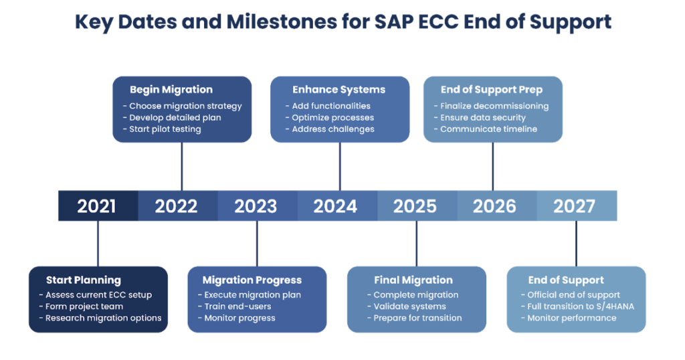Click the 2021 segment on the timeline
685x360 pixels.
(97, 206)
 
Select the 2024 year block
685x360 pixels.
(336, 206)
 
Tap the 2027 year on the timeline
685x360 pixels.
(575, 206)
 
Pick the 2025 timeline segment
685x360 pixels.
(415, 206)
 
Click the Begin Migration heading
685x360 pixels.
(171, 90)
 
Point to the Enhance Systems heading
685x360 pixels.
(339, 90)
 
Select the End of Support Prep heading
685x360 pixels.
(492, 90)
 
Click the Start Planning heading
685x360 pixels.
(84, 280)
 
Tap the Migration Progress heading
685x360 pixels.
(252, 280)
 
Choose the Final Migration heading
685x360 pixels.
(413, 280)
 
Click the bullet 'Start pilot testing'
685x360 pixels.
(165, 129)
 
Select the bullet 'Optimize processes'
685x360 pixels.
(332, 118)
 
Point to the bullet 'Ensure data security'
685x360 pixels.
(483, 118)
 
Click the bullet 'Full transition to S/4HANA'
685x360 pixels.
(580, 306)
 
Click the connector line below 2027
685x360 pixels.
(576, 244)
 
